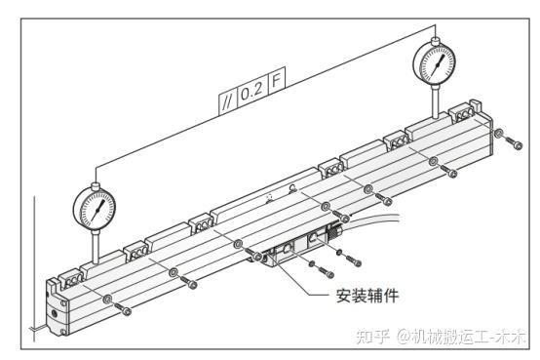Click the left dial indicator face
[x=95, y=209]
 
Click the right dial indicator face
[x=435, y=63]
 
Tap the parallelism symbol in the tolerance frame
[x=227, y=102]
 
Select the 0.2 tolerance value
[x=251, y=92]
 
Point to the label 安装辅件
[x=367, y=296]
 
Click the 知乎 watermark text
[x=373, y=336]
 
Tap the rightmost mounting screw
[x=515, y=142]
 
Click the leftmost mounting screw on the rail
[x=123, y=309]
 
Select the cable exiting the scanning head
[x=373, y=220]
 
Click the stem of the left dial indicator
[x=96, y=247]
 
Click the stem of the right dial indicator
[x=436, y=102]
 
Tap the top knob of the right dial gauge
[x=436, y=41]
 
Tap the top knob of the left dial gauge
[x=96, y=186]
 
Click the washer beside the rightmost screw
[x=499, y=133]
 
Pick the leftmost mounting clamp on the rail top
[x=71, y=280]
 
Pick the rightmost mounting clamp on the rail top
[x=463, y=113]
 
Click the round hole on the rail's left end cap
[x=55, y=313]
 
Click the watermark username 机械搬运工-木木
[x=462, y=336]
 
